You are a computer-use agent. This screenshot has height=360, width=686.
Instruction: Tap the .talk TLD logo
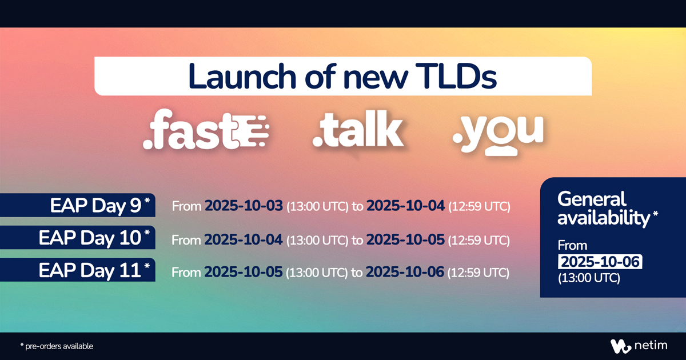[359, 131]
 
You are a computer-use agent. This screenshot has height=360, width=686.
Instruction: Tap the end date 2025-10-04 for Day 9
[405, 206]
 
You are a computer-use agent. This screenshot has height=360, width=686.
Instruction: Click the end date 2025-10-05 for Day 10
[405, 240]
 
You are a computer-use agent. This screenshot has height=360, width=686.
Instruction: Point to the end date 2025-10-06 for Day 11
[405, 273]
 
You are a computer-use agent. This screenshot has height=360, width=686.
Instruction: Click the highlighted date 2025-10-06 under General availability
[601, 262]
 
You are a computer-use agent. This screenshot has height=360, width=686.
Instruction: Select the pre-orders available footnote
[57, 346]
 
